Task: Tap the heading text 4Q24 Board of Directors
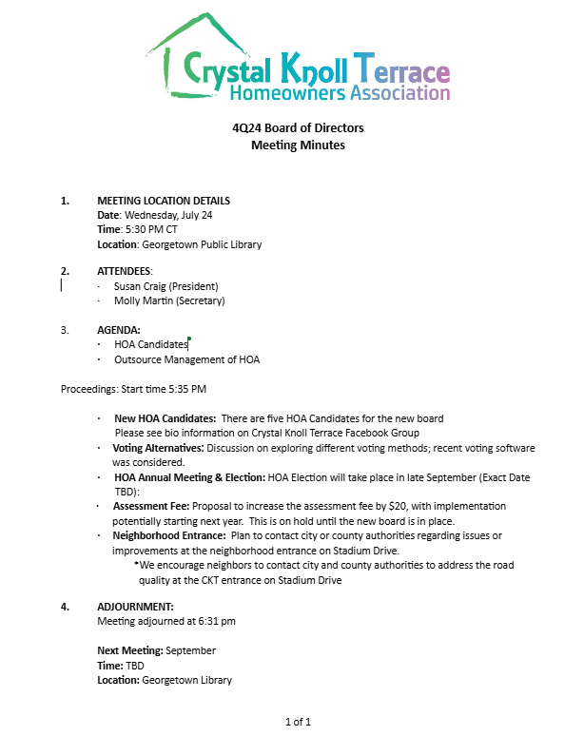tap(298, 128)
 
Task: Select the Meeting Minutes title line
tap(298, 145)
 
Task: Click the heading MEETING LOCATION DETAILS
tap(164, 201)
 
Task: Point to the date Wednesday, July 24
tap(172, 215)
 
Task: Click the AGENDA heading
tap(119, 330)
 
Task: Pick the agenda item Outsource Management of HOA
tap(186, 359)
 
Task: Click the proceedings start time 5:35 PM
tap(187, 389)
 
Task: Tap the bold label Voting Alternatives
tap(157, 448)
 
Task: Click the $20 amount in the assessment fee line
tap(398, 507)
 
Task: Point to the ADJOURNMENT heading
tap(135, 607)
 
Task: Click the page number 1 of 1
tap(298, 722)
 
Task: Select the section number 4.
tap(65, 607)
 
